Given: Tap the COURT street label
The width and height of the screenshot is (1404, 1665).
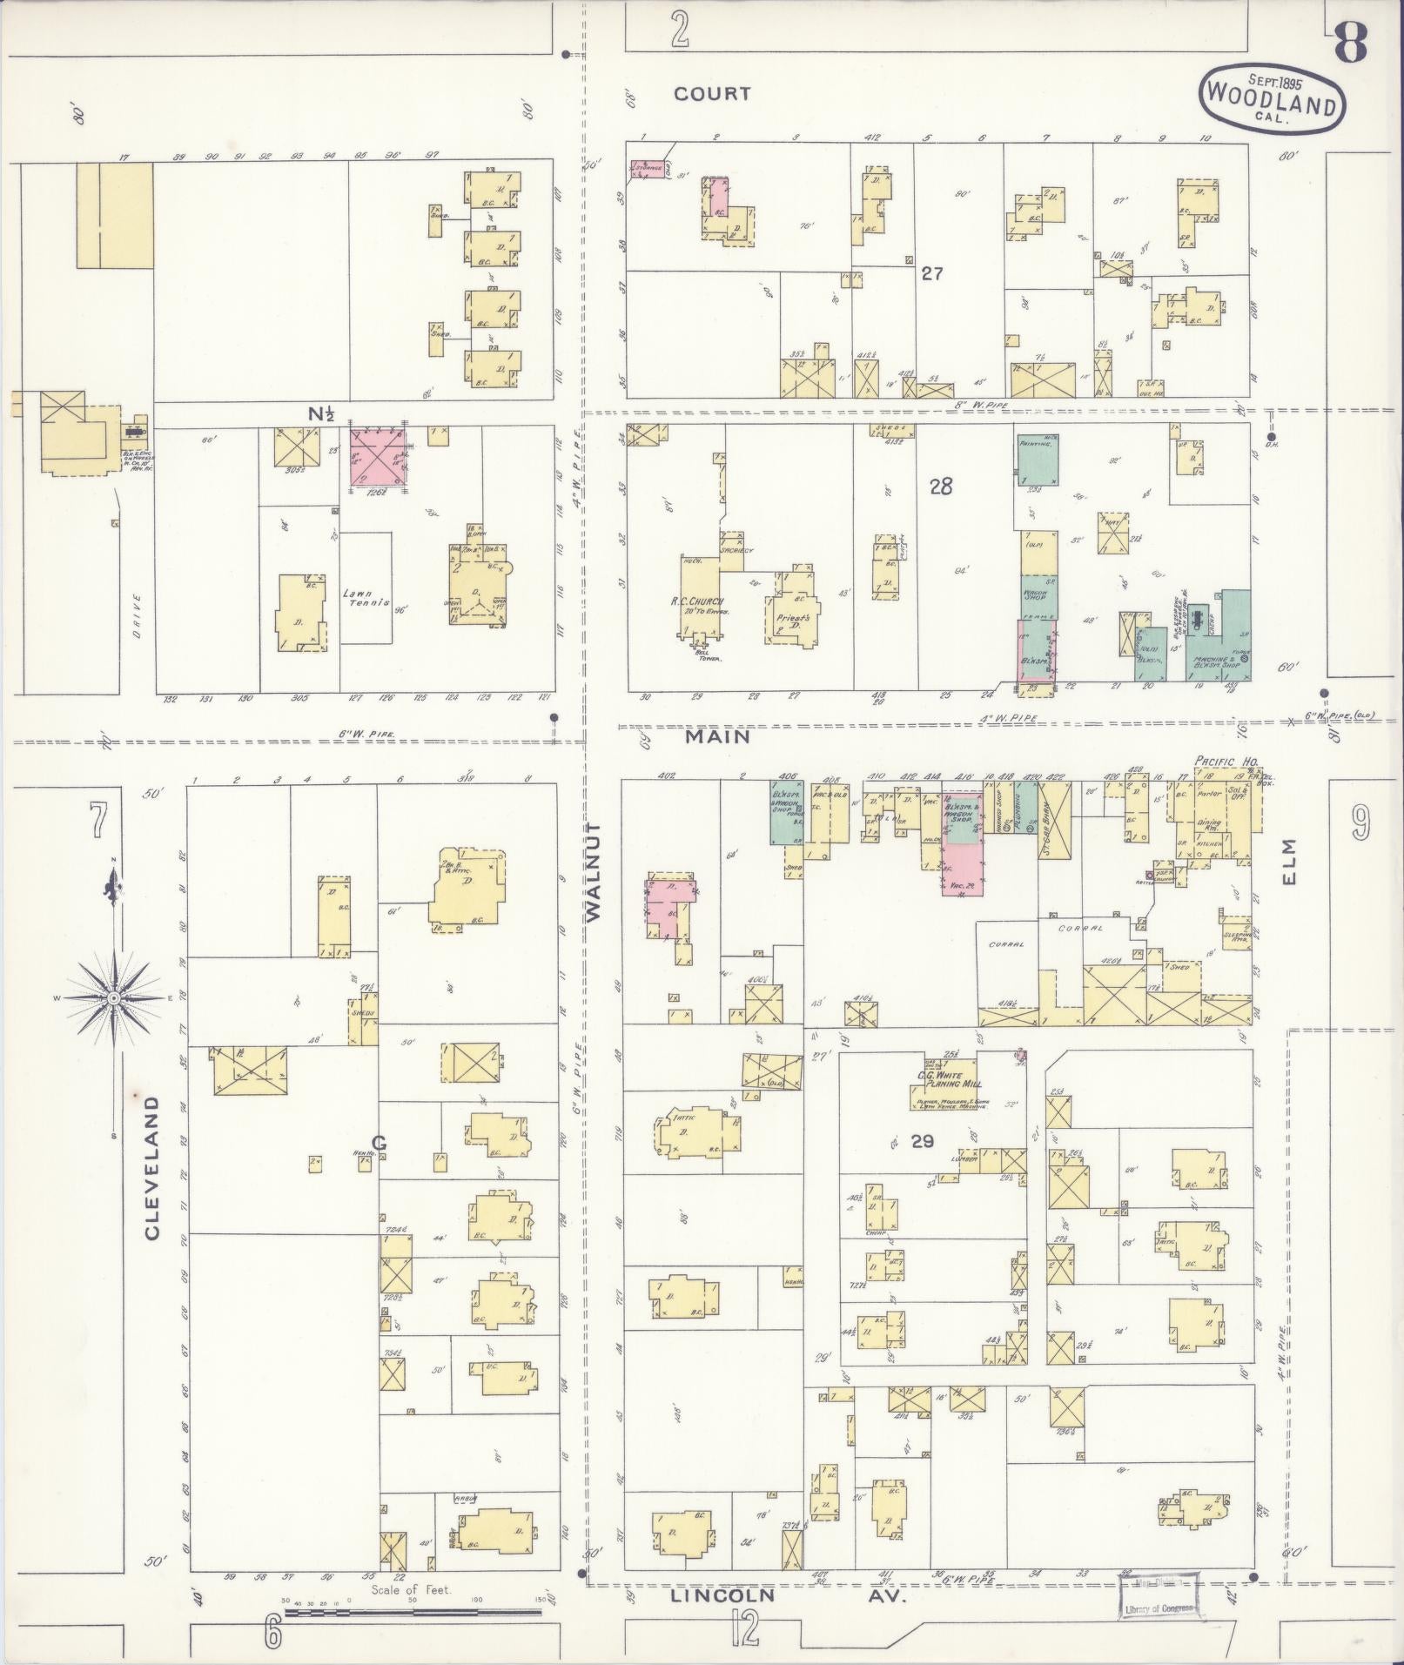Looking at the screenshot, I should pos(712,94).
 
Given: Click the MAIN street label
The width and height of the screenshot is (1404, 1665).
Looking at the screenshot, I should pos(717,736).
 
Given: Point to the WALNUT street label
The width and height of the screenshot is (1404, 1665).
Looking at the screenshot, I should pos(594,870).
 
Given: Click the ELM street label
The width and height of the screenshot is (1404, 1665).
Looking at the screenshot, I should pos(1288,862).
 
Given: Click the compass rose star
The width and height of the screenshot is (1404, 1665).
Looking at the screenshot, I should pos(113,997).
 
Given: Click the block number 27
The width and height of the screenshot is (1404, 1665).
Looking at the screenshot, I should pos(932,274).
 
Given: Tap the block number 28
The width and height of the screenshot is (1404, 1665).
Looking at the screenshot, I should pos(941,487).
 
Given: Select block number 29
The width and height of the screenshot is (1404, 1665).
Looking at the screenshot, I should pos(923,1141).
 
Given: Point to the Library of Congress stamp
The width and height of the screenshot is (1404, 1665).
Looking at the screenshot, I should pos(1158,1597).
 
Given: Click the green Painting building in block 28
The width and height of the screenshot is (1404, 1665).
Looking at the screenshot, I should pos(1038,461).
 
